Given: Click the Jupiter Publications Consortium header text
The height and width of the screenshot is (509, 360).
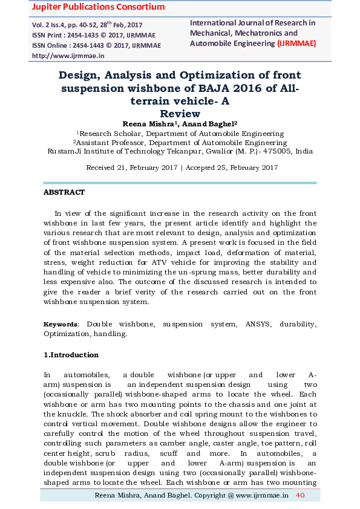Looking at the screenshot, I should pyautogui.click(x=89, y=7).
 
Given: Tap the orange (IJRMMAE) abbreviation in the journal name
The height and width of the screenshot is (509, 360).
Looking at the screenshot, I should pyautogui.click(x=296, y=44).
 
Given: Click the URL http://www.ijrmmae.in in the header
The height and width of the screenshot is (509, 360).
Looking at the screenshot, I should pyautogui.click(x=68, y=55).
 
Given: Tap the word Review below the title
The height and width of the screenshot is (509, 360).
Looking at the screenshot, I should pyautogui.click(x=179, y=113).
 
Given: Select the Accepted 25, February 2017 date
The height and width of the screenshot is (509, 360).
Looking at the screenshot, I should pyautogui.click(x=231, y=167).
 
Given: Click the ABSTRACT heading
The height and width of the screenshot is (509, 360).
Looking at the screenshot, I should pyautogui.click(x=64, y=192).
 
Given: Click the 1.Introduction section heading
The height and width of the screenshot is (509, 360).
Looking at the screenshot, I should pyautogui.click(x=71, y=355).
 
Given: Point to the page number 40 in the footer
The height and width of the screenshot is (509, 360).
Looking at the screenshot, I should pyautogui.click(x=300, y=496).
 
